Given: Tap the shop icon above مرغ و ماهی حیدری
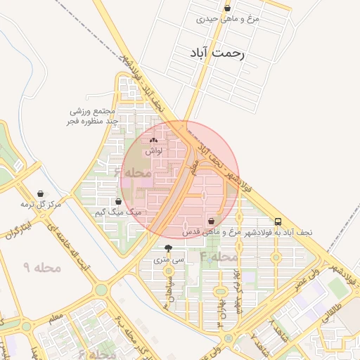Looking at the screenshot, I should tap(227, 8).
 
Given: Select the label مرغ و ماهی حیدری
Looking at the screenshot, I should tap(228, 19).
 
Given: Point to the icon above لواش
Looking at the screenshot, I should tap(154, 141).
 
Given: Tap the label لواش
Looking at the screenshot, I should tap(154, 151).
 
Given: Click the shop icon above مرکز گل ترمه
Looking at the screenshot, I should tap(41, 193).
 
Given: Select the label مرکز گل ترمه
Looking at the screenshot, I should tap(41, 204).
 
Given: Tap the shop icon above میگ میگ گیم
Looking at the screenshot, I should tap(118, 201).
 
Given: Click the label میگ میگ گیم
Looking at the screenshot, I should tap(118, 212).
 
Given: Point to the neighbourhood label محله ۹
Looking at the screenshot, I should tap(42, 267).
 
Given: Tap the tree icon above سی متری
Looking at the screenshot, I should tap(168, 249).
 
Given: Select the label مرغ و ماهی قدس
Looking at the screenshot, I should tap(212, 231).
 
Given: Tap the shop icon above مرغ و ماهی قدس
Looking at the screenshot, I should tap(211, 221).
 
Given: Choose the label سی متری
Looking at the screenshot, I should tap(169, 260).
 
